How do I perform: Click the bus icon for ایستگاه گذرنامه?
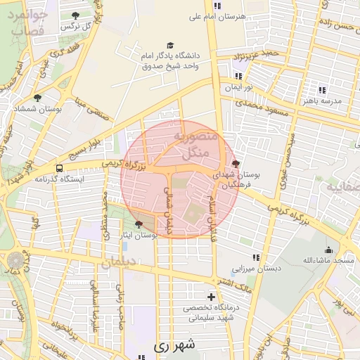point(59,169)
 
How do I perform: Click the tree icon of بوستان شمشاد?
point(37,98)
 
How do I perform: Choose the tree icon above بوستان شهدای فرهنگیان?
point(235,163)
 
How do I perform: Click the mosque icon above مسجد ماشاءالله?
point(328,250)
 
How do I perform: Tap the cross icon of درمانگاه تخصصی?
point(211,297)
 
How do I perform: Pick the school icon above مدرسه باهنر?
point(322,90)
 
